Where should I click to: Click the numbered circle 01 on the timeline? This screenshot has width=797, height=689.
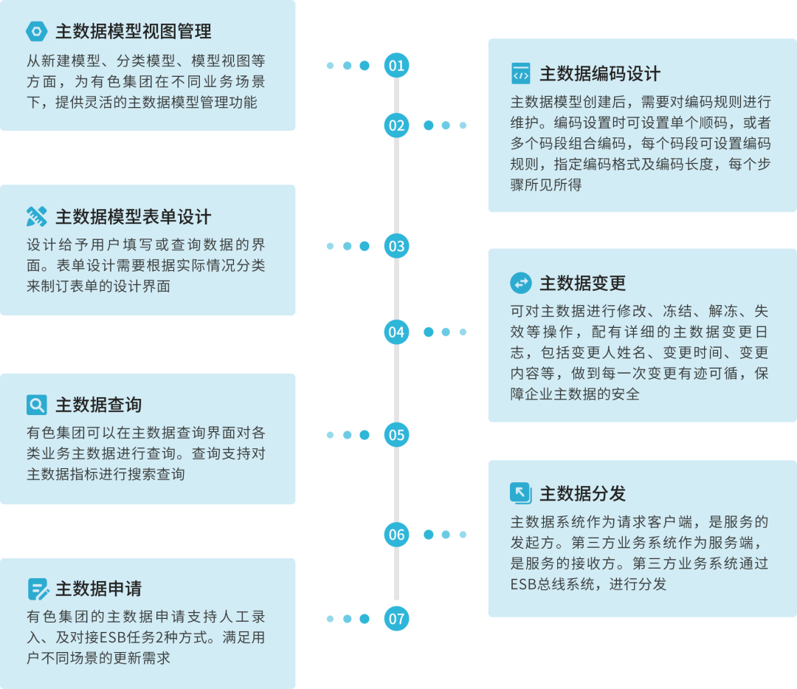[x=396, y=66]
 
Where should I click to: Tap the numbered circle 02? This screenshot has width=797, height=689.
[x=396, y=125]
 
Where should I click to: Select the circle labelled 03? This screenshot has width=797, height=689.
[x=396, y=246]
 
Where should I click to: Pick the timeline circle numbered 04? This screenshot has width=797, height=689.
[x=396, y=332]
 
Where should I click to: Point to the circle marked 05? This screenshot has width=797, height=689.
[x=396, y=435]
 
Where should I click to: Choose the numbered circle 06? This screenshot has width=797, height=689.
[x=396, y=535]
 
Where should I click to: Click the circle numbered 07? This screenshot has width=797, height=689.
[x=396, y=619]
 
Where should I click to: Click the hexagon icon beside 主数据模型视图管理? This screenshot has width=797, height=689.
[x=36, y=31]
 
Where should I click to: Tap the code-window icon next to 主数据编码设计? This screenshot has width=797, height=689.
[x=520, y=74]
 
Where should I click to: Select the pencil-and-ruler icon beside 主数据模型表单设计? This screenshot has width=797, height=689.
[x=36, y=217]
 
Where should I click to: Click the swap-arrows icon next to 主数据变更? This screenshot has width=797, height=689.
[x=520, y=283]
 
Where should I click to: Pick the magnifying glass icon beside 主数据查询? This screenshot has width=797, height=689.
[x=36, y=405]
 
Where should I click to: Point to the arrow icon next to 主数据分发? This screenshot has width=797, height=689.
[x=520, y=493]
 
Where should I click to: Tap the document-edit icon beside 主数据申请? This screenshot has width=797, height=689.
[x=37, y=589]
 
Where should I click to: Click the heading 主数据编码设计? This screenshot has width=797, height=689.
[x=600, y=74]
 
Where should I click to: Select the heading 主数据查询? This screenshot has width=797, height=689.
[x=98, y=405]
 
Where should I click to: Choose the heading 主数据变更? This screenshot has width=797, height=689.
[x=582, y=283]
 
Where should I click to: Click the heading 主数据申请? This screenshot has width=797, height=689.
[x=98, y=589]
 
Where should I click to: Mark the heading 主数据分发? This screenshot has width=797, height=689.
[x=582, y=493]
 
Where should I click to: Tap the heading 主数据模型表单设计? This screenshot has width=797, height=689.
[x=133, y=217]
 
